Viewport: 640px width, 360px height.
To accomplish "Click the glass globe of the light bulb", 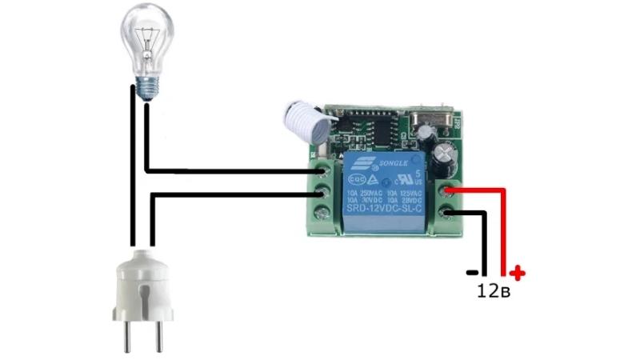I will pos(146,36).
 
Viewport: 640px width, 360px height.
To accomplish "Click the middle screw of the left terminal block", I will pos(322,192).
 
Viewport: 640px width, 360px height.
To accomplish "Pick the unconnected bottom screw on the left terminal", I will pos(322,214).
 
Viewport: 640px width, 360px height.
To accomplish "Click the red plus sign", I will pos(518,274).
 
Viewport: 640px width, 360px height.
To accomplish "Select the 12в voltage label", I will pos(493,291).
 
